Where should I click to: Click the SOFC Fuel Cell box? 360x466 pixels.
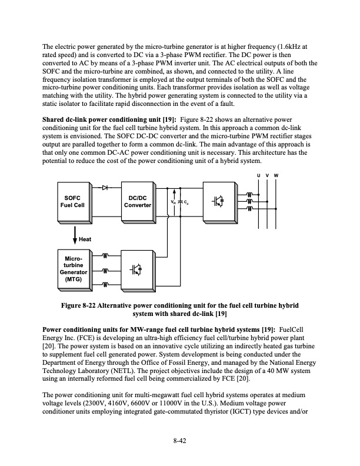pos(74,201)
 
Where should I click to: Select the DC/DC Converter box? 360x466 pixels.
pos(139,201)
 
